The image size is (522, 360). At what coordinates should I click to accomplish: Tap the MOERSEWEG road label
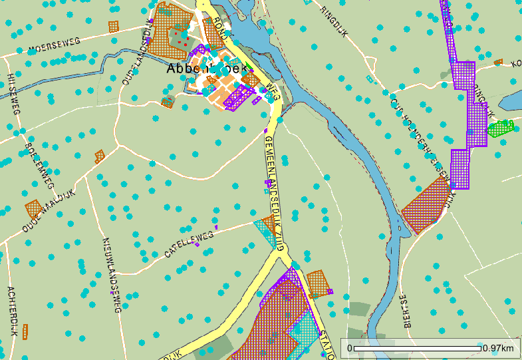(54, 45)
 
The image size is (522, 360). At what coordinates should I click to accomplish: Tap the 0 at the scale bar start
(349, 349)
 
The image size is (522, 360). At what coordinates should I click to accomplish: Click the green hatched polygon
(501, 128)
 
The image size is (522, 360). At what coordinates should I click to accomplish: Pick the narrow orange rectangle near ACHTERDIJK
(25, 331)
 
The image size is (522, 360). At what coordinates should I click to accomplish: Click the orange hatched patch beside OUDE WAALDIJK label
(33, 209)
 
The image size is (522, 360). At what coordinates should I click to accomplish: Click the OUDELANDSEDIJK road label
(135, 57)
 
